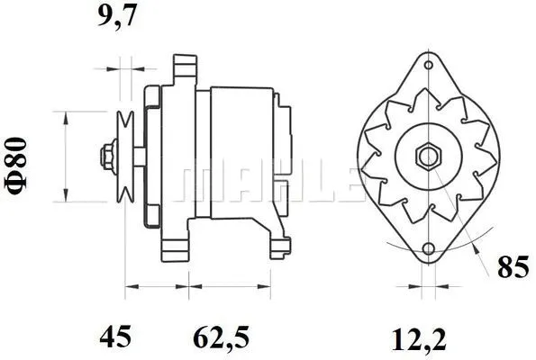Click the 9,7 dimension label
point(117,16)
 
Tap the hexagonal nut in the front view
point(426,157)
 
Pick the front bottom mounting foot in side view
point(173,243)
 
